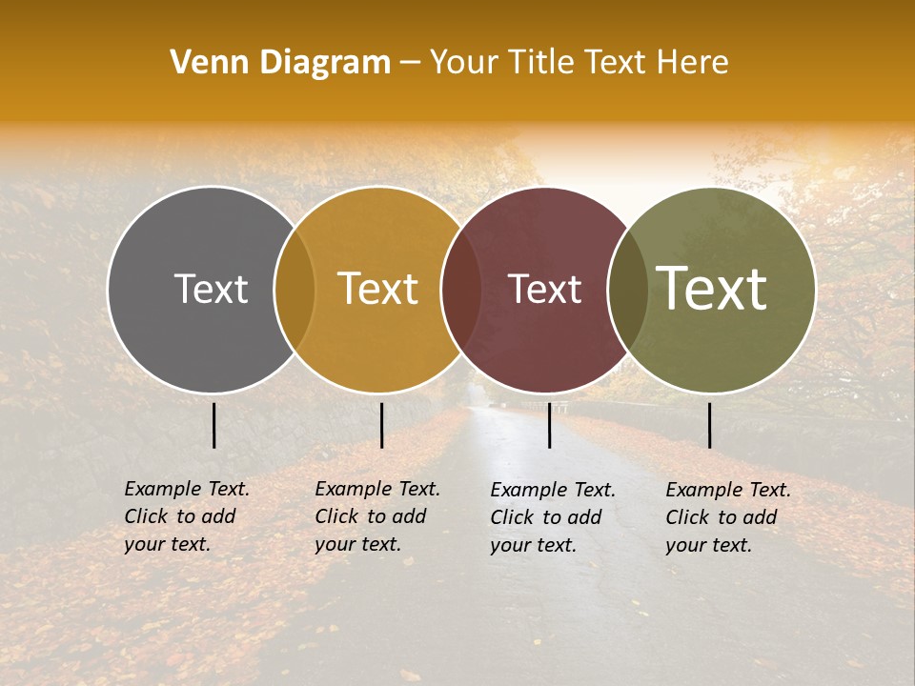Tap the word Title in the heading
(x=540, y=62)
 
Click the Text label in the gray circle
(x=211, y=289)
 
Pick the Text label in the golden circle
(x=378, y=289)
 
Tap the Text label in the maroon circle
(x=544, y=289)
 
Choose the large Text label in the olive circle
(x=712, y=289)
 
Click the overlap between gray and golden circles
(x=295, y=290)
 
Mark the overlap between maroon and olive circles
(x=627, y=290)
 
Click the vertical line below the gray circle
(x=214, y=425)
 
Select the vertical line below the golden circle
(x=381, y=425)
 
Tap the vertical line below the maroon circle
(x=550, y=425)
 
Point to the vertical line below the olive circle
(x=710, y=425)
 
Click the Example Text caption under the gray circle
(x=187, y=516)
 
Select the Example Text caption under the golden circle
(x=377, y=516)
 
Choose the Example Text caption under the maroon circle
(x=553, y=517)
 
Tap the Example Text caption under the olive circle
(x=728, y=517)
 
